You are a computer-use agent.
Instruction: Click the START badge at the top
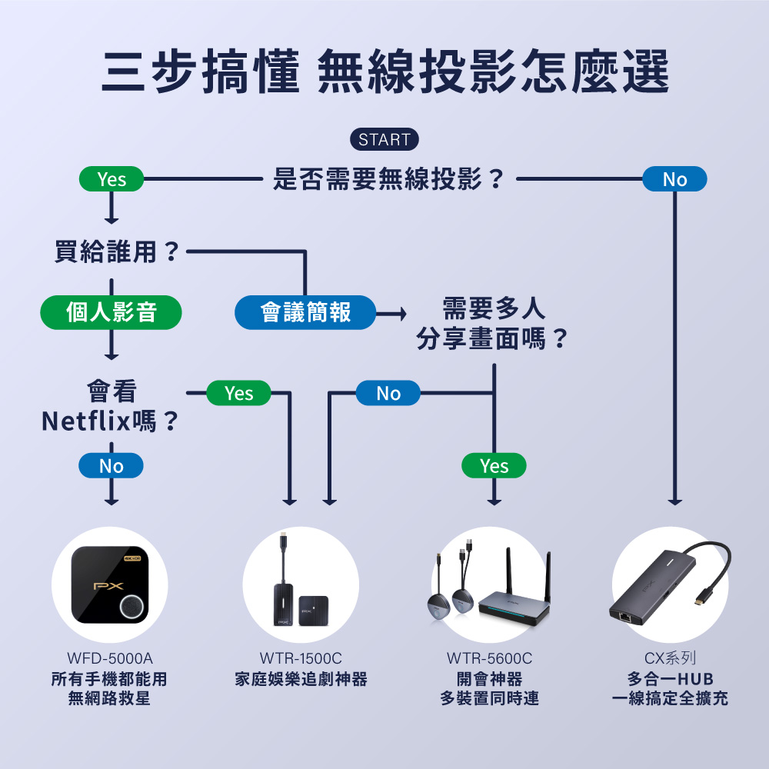point(384,140)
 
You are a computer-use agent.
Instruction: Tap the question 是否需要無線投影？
point(389,180)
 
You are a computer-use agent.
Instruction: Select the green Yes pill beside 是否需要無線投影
point(112,180)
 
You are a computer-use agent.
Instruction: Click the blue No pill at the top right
point(674,180)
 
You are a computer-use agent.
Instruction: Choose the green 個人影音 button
point(112,312)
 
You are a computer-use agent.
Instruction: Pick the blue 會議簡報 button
point(305,312)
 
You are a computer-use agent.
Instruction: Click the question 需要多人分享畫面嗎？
point(493,324)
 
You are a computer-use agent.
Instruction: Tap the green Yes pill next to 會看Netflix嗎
point(239,394)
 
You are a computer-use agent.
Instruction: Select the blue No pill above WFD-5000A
point(112,466)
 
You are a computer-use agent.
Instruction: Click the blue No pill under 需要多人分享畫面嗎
point(388,394)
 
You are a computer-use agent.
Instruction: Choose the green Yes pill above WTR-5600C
point(494,466)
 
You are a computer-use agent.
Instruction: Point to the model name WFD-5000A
point(110,659)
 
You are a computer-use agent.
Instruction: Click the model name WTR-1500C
point(301,659)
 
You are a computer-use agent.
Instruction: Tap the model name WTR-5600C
point(489,659)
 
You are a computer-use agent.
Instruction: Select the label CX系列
point(670,659)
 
